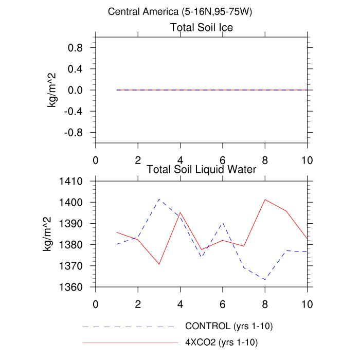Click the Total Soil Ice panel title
[x=202, y=28]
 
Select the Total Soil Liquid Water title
[x=202, y=168]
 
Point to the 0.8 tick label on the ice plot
[x=76, y=48]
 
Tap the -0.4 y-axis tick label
[x=74, y=111]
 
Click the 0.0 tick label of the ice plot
[x=76, y=90]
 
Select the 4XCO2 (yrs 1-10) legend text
[x=222, y=341]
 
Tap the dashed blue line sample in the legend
[x=129, y=327]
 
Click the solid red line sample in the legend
[x=129, y=341]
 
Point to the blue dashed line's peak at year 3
[x=159, y=199]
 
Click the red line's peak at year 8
[x=265, y=200]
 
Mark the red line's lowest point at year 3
[x=159, y=264]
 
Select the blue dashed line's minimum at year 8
[x=265, y=280]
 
